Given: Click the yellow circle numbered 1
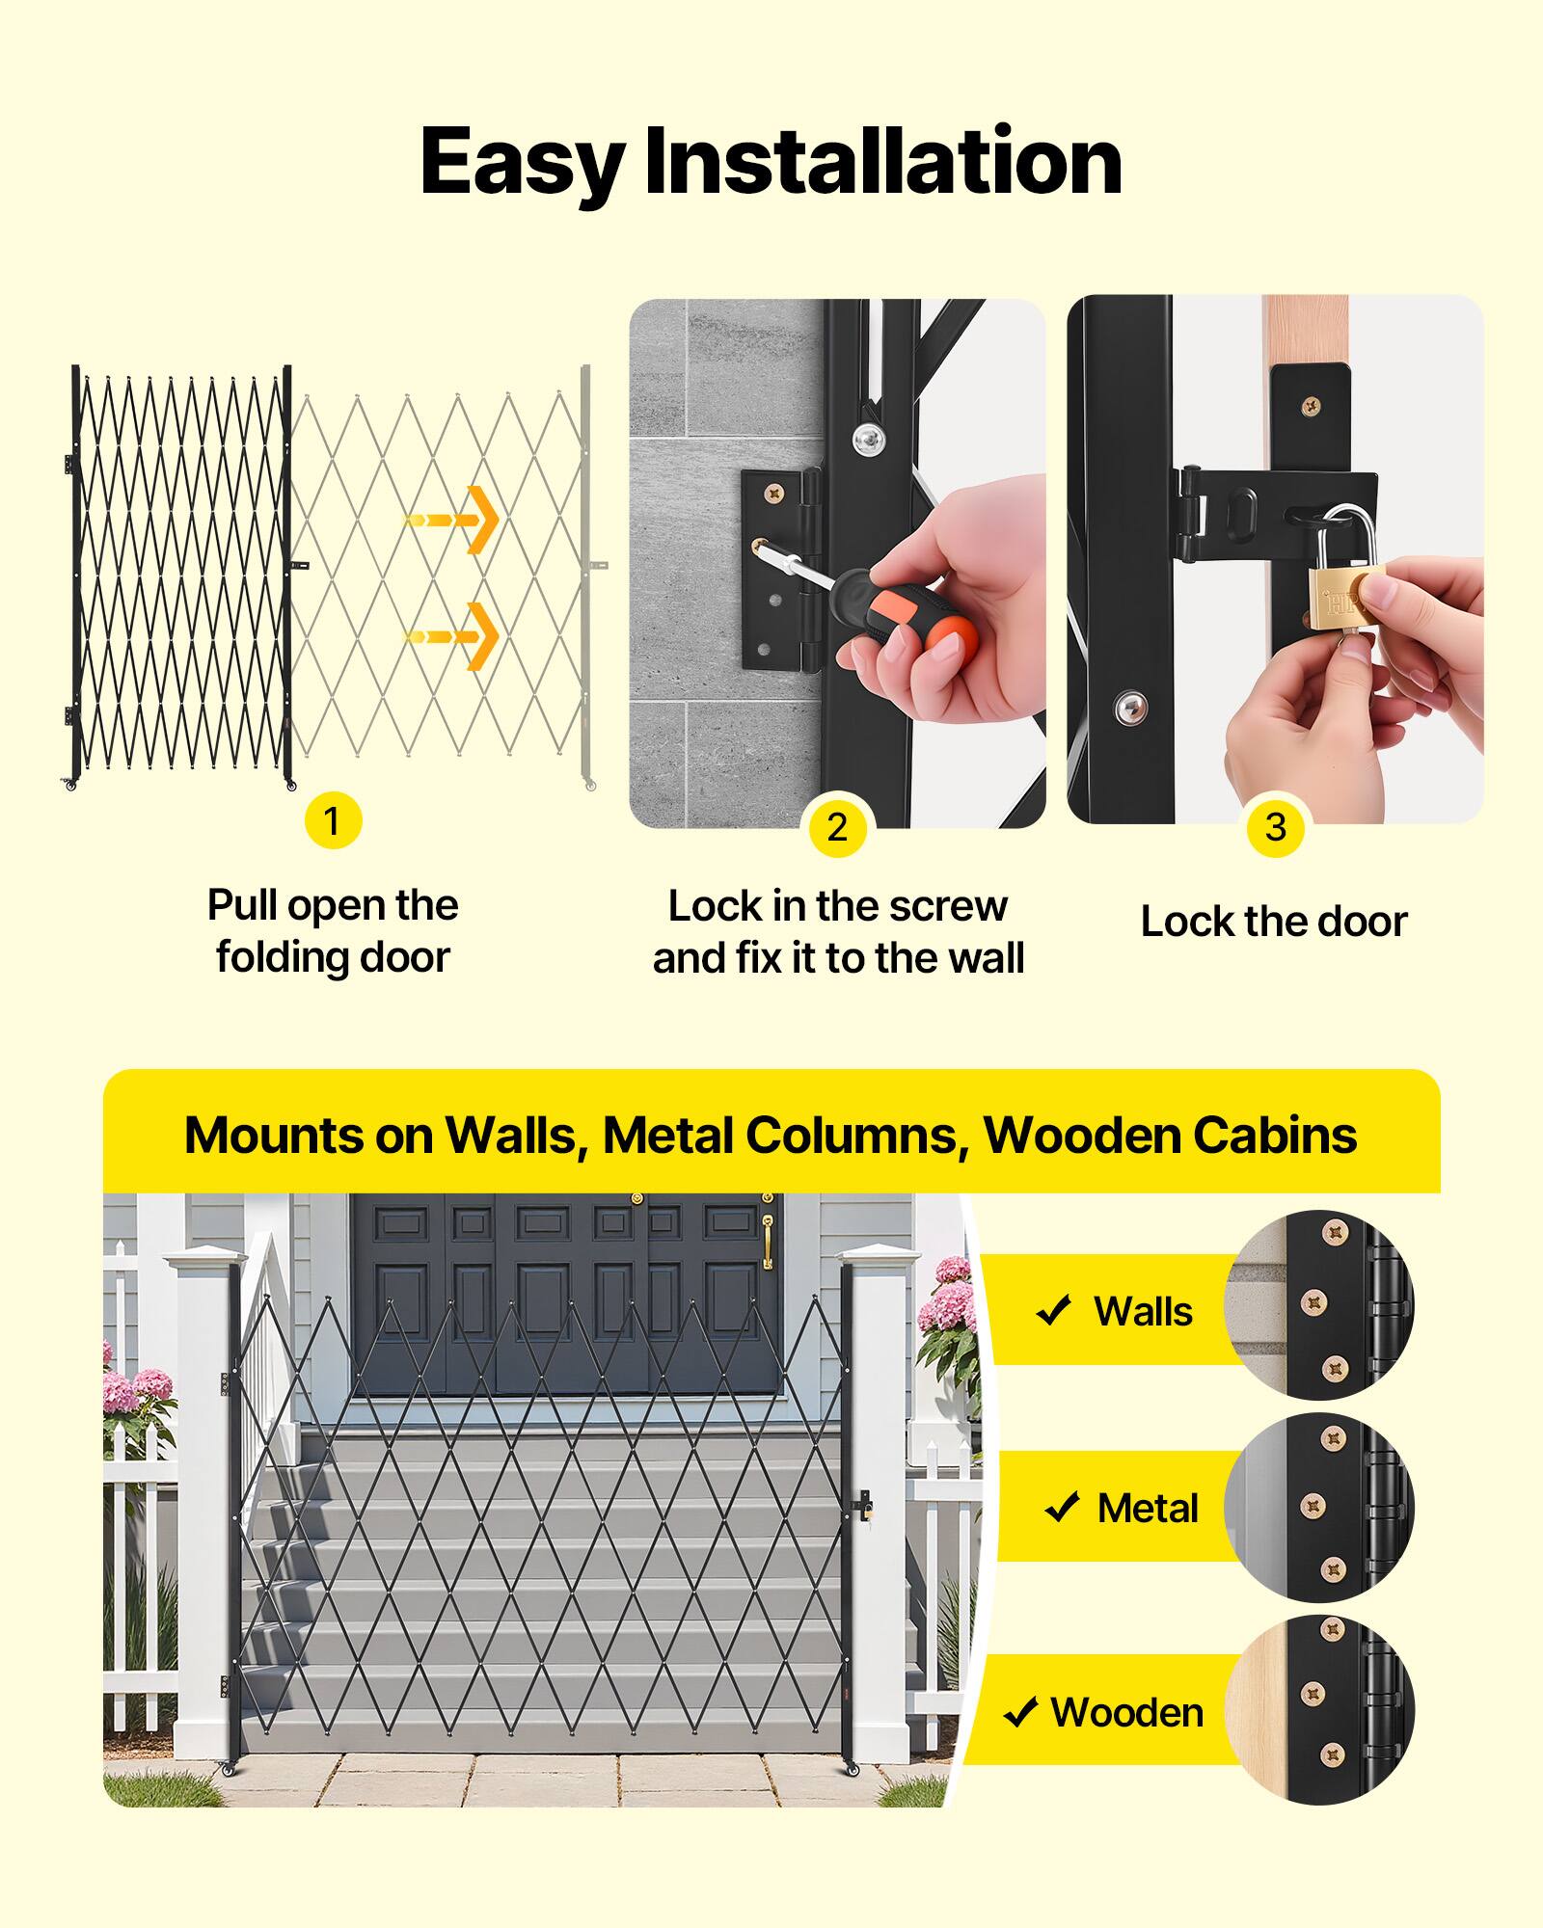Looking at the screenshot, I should [333, 821].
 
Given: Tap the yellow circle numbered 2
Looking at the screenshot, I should [837, 827].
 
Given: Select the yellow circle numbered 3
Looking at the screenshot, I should [1275, 827].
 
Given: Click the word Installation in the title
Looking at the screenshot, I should [882, 161].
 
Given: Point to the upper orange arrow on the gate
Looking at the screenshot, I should [453, 521].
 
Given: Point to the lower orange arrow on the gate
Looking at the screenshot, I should [453, 636].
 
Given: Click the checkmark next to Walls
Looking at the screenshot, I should [1053, 1311].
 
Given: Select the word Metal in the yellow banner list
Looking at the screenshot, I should [1148, 1509].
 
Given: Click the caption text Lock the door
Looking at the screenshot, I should [1274, 922].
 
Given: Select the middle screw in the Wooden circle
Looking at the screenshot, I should [1312, 1694].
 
